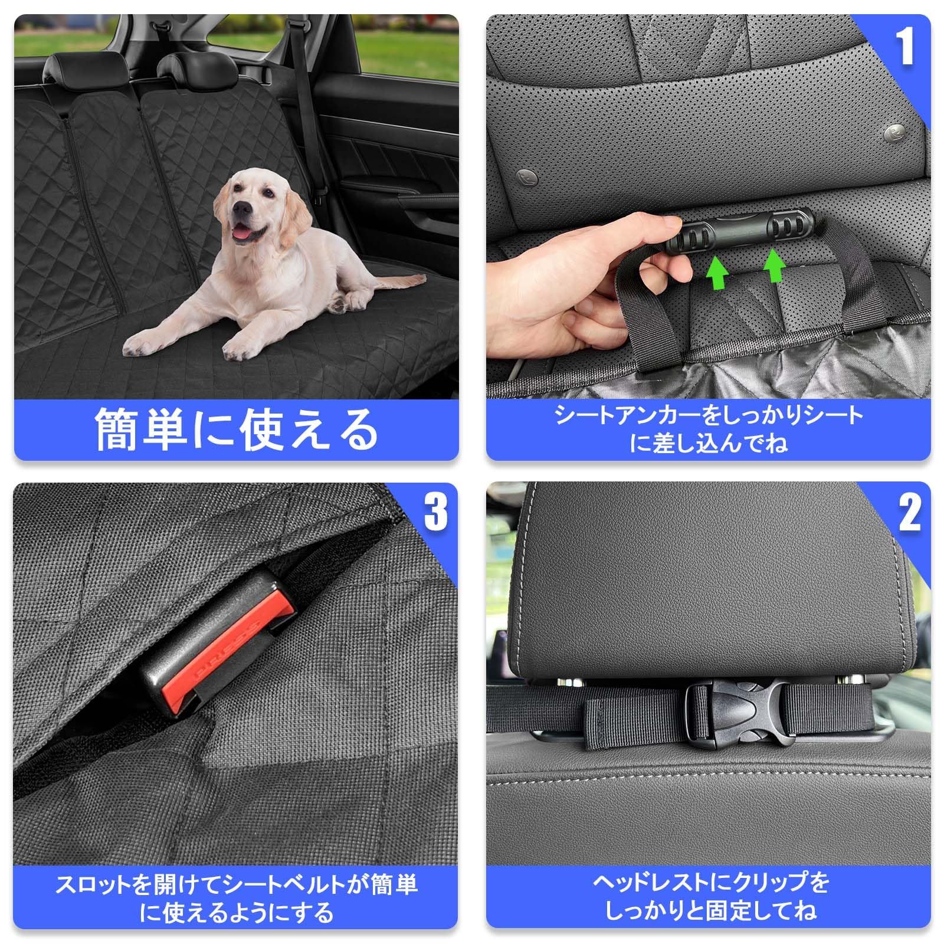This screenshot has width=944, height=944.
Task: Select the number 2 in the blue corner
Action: tap(909, 512)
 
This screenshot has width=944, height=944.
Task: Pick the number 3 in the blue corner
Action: tap(436, 511)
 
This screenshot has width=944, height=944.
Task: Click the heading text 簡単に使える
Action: tap(236, 430)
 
